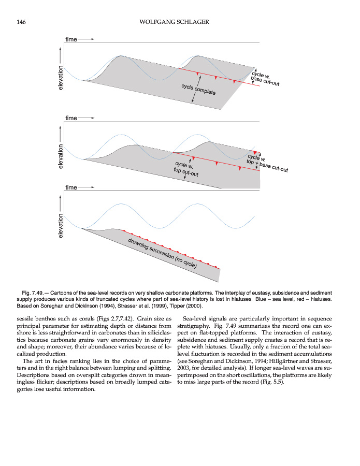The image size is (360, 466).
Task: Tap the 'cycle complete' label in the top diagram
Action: click(x=198, y=89)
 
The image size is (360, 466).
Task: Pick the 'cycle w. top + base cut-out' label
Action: click(x=266, y=163)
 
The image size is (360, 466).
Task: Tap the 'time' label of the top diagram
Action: click(x=71, y=39)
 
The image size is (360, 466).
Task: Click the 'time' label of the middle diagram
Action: click(x=71, y=118)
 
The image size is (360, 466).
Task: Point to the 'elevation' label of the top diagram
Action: click(x=61, y=79)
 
